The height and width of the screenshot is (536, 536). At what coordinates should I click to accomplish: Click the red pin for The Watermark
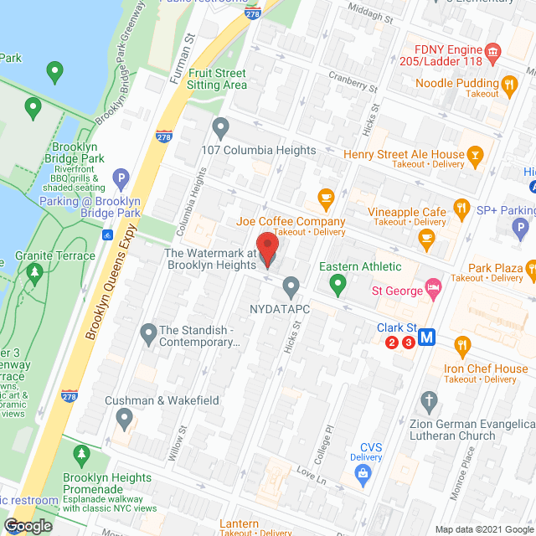click(267, 248)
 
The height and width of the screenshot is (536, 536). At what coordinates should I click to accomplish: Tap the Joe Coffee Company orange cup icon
click(326, 199)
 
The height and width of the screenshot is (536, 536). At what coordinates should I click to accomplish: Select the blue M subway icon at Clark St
click(428, 338)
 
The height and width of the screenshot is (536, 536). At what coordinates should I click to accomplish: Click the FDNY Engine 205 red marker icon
click(493, 53)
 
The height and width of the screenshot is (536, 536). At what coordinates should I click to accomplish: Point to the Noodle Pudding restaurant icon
click(508, 84)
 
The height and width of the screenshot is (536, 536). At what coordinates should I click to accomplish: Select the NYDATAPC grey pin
click(291, 286)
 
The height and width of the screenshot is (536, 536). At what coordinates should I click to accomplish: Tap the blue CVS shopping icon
click(363, 476)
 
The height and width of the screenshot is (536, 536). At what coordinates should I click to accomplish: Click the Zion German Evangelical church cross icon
click(430, 400)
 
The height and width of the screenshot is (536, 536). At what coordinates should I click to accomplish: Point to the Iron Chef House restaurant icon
click(461, 345)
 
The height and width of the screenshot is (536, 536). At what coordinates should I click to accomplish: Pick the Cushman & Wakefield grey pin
click(125, 416)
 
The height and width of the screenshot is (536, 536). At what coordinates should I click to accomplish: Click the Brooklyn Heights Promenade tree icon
click(81, 456)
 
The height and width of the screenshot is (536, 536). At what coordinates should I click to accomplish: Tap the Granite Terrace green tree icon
click(34, 272)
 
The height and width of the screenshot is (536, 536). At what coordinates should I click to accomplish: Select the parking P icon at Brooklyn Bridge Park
click(121, 178)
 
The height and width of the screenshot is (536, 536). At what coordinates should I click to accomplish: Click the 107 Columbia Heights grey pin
click(221, 128)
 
